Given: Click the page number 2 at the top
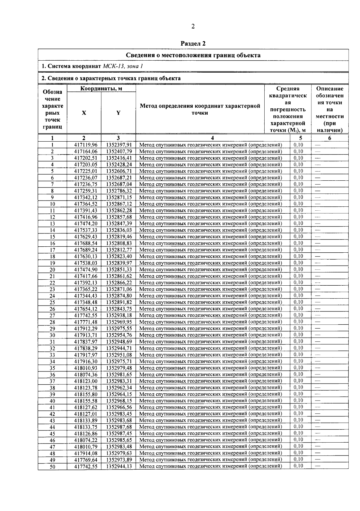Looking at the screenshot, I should tap(193, 26).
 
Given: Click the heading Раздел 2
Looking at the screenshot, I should tap(193, 44).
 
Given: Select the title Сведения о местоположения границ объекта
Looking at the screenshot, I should tap(193, 55).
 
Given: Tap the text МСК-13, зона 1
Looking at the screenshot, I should tap(123, 66).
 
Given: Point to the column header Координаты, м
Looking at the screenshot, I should tap(101, 89).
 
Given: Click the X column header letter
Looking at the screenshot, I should tap(84, 113).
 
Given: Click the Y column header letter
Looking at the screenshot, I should tap(118, 113).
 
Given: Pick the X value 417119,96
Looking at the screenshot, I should tap(86, 145).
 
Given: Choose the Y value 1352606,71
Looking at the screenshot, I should tap(119, 171).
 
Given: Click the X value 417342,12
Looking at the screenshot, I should tap(86, 197).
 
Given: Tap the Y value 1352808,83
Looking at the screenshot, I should tap(119, 243).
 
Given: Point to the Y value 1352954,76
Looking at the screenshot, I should tap(119, 335).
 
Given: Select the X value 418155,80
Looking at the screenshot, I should tap(86, 394).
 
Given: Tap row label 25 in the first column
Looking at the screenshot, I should tap(52, 302).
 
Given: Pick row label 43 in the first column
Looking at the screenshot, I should tap(52, 421).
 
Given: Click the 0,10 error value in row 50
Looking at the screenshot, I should tap(298, 466).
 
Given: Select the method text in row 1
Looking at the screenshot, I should tap(211, 145).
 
